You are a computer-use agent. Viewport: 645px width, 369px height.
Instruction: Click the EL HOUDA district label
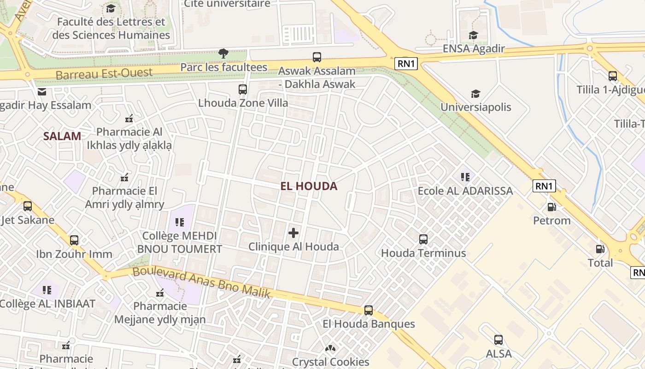click(309, 186)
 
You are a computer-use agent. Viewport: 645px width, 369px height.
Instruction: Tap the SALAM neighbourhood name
click(62, 136)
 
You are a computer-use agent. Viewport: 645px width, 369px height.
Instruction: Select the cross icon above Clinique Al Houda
click(293, 233)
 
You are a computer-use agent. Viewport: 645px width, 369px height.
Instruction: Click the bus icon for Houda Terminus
click(423, 239)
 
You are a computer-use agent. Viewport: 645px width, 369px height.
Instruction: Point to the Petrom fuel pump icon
click(551, 207)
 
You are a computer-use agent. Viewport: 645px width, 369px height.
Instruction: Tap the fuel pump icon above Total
click(600, 249)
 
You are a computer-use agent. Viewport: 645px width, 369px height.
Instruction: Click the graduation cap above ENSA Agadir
click(473, 35)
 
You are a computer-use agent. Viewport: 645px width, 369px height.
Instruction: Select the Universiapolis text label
click(476, 107)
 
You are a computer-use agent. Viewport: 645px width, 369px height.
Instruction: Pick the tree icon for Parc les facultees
click(223, 54)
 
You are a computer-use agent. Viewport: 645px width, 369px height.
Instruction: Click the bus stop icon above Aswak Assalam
click(317, 57)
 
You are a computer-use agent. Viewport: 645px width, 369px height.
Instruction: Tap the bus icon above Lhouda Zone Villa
click(243, 89)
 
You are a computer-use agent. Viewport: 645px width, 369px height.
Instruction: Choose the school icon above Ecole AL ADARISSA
click(465, 177)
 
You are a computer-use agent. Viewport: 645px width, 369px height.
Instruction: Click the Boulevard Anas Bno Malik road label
click(201, 282)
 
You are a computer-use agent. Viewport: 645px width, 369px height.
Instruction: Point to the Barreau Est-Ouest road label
click(104, 73)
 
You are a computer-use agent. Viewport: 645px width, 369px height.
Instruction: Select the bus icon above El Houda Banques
click(369, 310)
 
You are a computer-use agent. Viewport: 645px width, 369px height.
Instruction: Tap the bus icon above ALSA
click(498, 340)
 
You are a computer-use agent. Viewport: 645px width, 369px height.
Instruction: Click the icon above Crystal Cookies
click(330, 348)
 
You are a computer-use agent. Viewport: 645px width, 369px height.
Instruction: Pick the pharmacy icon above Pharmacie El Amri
click(124, 177)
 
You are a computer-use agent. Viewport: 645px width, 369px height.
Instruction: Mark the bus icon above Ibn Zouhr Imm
click(74, 240)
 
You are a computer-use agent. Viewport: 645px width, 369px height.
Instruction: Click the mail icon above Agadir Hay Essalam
click(42, 92)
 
